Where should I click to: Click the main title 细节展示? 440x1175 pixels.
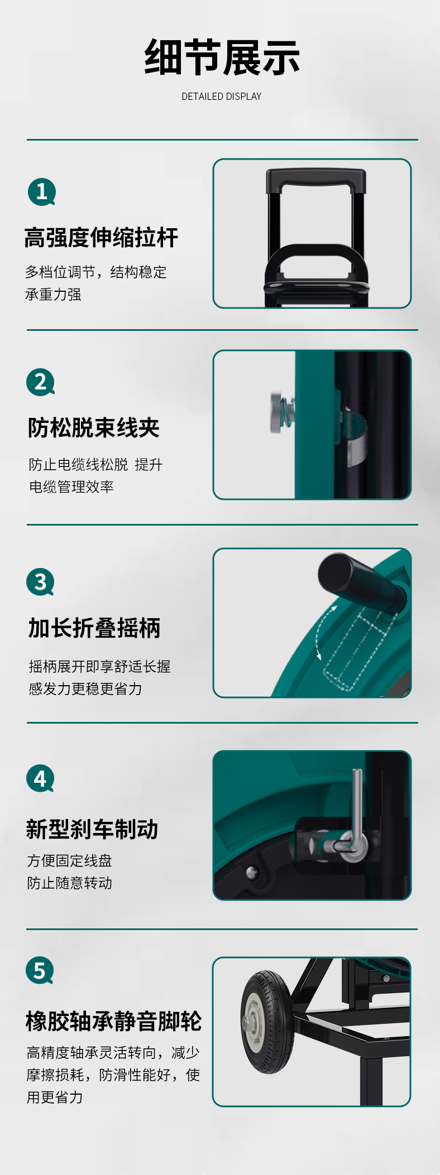click(x=222, y=57)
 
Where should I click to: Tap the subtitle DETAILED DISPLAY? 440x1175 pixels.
click(x=222, y=97)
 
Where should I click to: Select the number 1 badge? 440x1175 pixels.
click(x=42, y=192)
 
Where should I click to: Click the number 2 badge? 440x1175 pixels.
click(x=41, y=382)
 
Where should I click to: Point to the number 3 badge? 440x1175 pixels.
click(x=40, y=582)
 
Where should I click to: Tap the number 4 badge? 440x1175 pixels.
click(x=40, y=778)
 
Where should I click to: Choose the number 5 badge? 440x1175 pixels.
click(x=40, y=970)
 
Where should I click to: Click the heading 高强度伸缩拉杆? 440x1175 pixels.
click(x=101, y=238)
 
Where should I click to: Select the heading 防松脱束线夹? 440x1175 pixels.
click(x=94, y=428)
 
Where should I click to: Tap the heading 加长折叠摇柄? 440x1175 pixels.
click(x=94, y=628)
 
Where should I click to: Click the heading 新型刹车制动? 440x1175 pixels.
click(x=92, y=829)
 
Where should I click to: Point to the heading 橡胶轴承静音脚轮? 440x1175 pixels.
click(x=113, y=1021)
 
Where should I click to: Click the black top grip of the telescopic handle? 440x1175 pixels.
click(x=316, y=179)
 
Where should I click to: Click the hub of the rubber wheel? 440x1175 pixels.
click(x=251, y=1022)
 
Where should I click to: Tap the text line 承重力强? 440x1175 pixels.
click(x=53, y=295)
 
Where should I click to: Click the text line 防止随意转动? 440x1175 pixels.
click(x=70, y=883)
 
